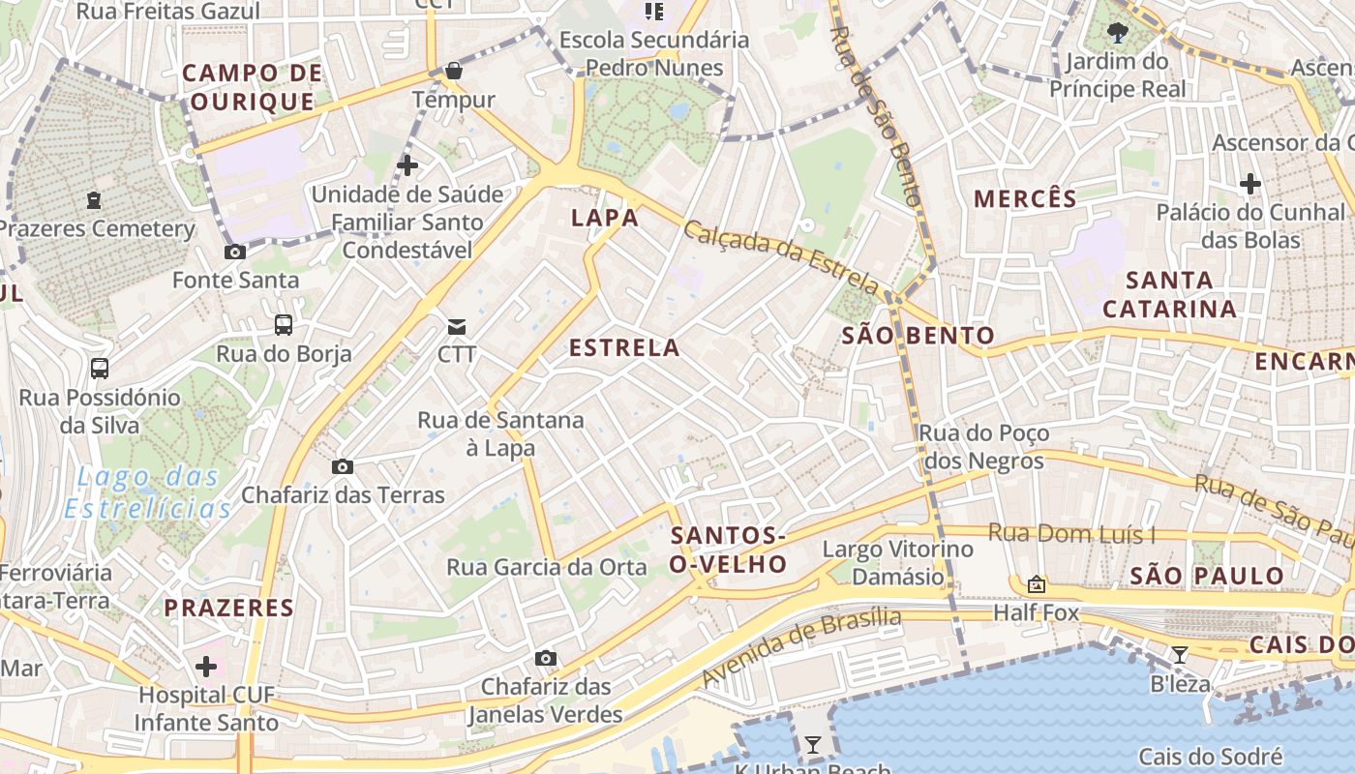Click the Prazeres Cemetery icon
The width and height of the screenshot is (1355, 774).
point(94,200)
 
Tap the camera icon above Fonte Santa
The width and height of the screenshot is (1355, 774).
point(234,252)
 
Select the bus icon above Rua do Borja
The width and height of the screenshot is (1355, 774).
point(284,325)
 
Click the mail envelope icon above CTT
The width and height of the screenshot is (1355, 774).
point(457,327)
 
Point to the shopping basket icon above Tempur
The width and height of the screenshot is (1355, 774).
point(453,71)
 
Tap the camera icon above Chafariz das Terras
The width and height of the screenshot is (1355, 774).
point(342,467)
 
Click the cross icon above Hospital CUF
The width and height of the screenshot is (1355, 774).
point(206,666)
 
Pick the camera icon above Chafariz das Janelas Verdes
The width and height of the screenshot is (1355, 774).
point(546,659)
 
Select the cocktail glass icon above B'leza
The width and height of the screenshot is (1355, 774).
point(1179,655)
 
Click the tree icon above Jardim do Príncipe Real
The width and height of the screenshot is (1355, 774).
point(1118,33)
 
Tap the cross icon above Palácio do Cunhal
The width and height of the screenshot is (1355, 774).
point(1250,183)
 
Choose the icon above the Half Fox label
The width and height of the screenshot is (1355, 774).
point(1037,584)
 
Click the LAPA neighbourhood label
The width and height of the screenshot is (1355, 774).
point(605,218)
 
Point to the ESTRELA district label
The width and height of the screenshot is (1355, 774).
point(624,348)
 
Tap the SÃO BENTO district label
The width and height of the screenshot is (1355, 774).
point(918,336)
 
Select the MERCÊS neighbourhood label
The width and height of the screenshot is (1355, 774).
point(1025,199)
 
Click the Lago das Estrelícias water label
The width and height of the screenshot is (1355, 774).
point(148,492)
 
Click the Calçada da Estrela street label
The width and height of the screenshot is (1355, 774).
point(781,258)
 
